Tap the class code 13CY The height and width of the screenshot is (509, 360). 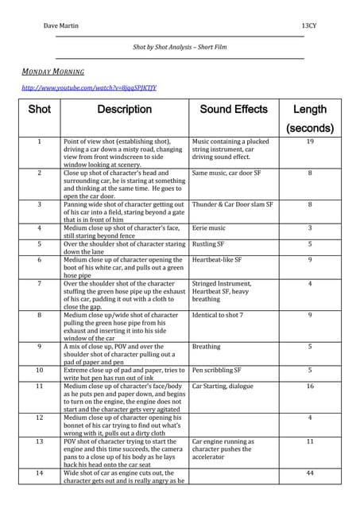(311, 26)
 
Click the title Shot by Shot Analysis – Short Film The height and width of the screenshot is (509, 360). (180, 48)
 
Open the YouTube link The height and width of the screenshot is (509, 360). (89, 87)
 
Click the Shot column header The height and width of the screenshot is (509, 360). (39, 110)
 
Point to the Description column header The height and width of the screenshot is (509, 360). (124, 110)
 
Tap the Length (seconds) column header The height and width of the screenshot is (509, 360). (310, 119)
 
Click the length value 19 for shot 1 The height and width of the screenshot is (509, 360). (310, 142)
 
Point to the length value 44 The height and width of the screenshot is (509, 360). (310, 473)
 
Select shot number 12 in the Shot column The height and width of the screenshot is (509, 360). (39, 417)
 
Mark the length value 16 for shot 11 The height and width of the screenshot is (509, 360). (310, 386)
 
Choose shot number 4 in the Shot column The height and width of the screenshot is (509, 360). (39, 228)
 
